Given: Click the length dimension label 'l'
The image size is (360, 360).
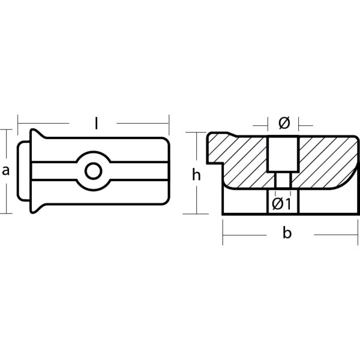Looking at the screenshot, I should coord(97,124).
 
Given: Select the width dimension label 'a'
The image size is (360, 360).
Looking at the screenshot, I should coord(6,170).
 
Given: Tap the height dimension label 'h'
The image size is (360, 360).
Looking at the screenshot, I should coord(196,175).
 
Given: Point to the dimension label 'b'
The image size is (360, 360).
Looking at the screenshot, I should coord(287,233).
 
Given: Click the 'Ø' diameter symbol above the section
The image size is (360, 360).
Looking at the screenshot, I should coord(284,124).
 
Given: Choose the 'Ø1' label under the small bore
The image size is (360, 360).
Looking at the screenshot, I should coord(281,204).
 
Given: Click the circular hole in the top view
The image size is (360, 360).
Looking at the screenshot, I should coord(92,171).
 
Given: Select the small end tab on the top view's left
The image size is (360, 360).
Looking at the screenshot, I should coord(23,171).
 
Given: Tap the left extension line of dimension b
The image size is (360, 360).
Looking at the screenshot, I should coord(223,232).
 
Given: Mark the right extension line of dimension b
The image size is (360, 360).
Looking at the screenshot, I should coord(358,232).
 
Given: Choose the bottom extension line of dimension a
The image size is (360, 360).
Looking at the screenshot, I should coord(6,213).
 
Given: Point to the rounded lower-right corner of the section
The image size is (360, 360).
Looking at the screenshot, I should coord(350,180).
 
